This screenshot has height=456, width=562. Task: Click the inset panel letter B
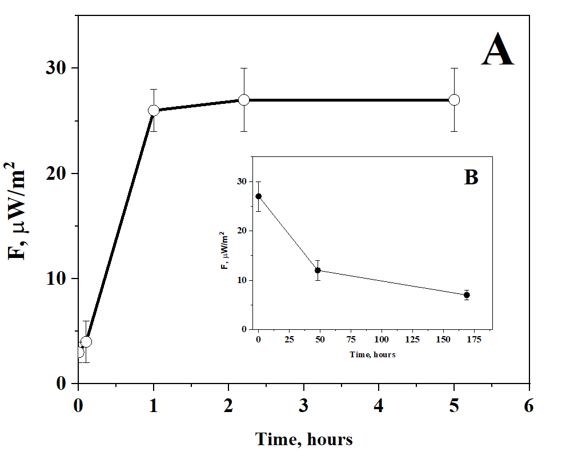click(x=471, y=177)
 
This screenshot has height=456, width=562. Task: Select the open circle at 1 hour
click(x=153, y=110)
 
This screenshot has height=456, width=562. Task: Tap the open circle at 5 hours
click(x=454, y=100)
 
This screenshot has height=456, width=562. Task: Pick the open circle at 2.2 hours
click(x=244, y=100)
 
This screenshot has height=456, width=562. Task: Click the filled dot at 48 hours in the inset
click(x=318, y=270)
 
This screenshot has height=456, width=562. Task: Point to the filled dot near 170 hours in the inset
click(x=467, y=295)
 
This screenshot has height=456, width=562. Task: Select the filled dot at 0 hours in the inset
click(x=259, y=196)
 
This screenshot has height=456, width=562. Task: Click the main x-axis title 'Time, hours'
click(x=303, y=439)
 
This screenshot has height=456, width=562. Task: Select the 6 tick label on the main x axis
click(x=529, y=406)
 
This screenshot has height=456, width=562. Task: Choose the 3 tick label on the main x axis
click(x=303, y=406)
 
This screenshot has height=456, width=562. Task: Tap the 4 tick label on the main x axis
click(x=379, y=406)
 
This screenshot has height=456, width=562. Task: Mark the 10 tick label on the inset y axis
click(x=244, y=280)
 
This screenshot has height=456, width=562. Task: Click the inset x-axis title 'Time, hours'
click(x=372, y=354)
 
